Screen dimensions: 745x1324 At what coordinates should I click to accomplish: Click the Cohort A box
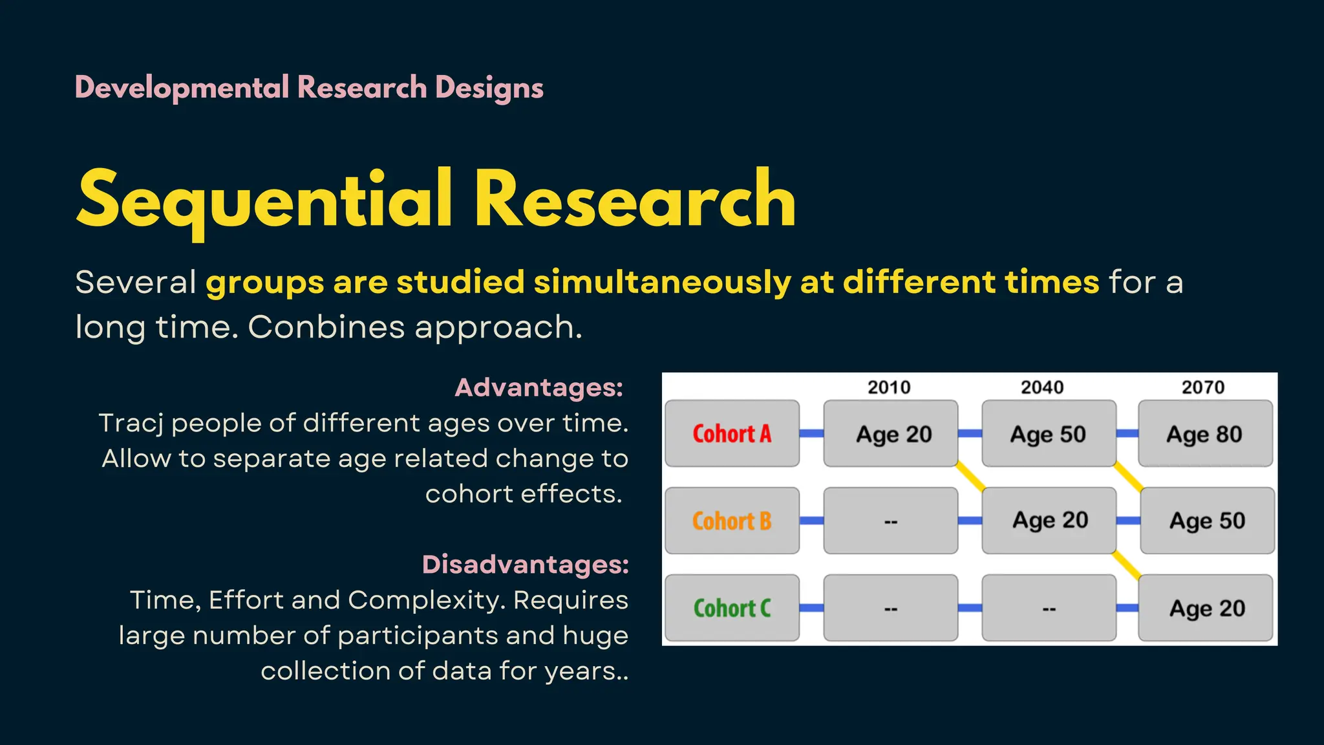coord(732,433)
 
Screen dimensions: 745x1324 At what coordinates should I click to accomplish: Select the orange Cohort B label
coord(732,521)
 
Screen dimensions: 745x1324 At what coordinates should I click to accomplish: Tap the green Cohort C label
coord(732,608)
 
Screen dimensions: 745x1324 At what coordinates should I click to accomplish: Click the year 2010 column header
coord(889,387)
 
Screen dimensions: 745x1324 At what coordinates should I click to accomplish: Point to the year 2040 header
coord(1042,387)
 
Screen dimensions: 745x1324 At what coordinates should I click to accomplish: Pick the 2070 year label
coord(1203,387)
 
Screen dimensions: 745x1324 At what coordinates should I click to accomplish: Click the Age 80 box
coord(1204,433)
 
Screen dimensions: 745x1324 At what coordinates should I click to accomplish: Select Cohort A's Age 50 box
coord(1048,433)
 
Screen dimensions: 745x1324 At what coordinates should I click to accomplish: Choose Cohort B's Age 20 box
coord(1050,520)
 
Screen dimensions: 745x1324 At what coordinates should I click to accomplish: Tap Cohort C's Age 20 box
coord(1206,608)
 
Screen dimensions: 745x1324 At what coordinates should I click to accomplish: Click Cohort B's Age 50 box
coord(1207,521)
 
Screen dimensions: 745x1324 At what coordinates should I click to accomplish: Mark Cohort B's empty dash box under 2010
coord(890,521)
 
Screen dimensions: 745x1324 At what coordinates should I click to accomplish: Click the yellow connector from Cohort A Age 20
coord(970,477)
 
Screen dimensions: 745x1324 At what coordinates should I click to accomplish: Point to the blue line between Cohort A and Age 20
coord(811,433)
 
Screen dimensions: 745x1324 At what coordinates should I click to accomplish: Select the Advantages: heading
coord(539,387)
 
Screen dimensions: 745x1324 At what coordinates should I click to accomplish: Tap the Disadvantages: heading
coord(525,565)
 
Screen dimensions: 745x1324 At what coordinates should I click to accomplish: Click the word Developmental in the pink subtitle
coord(182,88)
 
